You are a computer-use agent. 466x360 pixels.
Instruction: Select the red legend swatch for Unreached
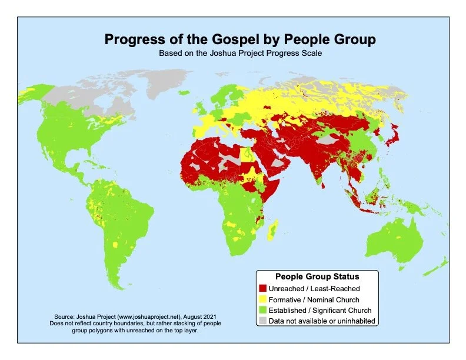(x=262, y=288)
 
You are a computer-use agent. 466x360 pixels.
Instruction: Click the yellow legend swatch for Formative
(x=262, y=299)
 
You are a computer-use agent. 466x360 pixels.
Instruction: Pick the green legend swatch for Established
(x=262, y=309)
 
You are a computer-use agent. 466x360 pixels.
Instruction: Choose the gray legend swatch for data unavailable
(x=262, y=320)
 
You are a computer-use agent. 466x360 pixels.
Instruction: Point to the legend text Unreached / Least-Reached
(x=314, y=288)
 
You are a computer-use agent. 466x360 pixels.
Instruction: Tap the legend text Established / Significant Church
(x=320, y=309)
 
